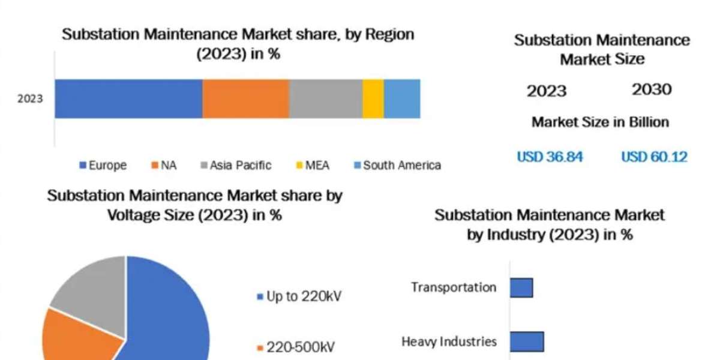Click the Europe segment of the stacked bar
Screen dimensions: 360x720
pos(128,98)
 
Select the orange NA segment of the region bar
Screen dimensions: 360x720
pos(245,98)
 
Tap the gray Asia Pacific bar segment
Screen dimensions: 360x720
pos(326,98)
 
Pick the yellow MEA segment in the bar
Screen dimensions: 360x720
pos(373,98)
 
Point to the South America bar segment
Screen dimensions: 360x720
pos(402,98)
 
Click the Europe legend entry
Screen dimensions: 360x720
pos(103,165)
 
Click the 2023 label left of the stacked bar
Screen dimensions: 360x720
pos(30,98)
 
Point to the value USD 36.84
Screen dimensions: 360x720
pos(550,157)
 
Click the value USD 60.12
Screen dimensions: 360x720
pos(654,157)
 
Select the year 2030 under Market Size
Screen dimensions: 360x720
pos(652,90)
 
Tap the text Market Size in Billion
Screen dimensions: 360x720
pos(600,122)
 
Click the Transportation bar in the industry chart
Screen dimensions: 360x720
pos(521,287)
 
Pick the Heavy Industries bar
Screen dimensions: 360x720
pos(527,341)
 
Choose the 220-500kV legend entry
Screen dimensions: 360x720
pos(295,347)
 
